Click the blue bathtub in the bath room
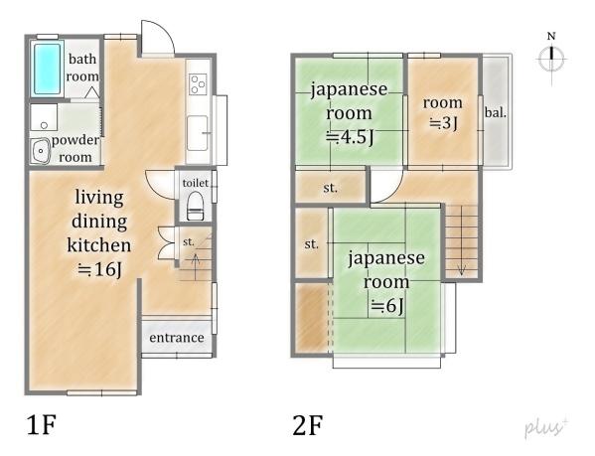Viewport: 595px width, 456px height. point(47,69)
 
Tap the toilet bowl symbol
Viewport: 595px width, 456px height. point(196,206)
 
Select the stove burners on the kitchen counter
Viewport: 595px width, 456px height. point(198,84)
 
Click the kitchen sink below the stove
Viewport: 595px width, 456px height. point(198,133)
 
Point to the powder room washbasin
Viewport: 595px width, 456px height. point(40,151)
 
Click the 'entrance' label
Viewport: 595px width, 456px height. point(177,337)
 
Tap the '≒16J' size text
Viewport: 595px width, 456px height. point(99,270)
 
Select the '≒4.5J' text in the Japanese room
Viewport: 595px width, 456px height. point(350,137)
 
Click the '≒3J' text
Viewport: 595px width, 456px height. point(443,123)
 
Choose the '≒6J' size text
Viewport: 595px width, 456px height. point(387,306)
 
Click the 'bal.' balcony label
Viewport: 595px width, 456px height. point(496,112)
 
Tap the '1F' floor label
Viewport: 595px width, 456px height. point(42,425)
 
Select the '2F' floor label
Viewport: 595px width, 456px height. point(308,425)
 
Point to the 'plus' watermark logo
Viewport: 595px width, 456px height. point(546,427)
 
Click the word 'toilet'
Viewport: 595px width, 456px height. point(196,183)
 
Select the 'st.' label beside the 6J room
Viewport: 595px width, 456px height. point(312,244)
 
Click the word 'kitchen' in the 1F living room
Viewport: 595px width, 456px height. point(99,244)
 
